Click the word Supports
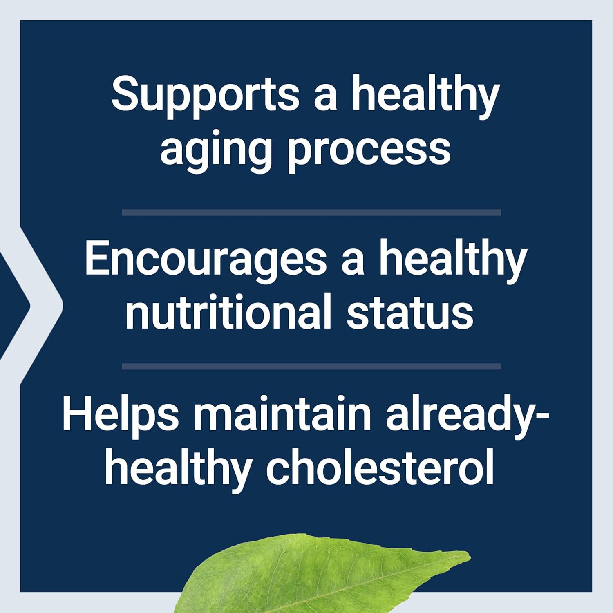pyautogui.click(x=205, y=95)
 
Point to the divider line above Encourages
pyautogui.click(x=311, y=213)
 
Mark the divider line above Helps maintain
pyautogui.click(x=311, y=367)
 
